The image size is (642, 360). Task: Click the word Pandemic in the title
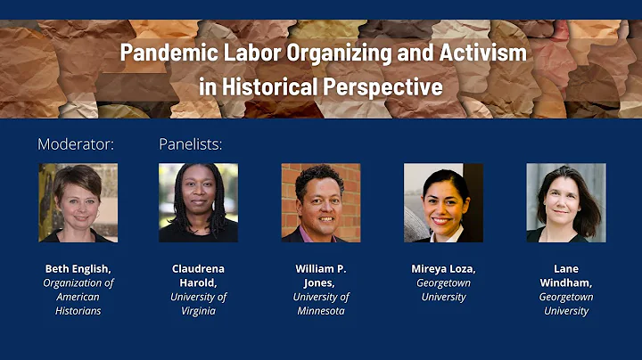[x=161, y=52]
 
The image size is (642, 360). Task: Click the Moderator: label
[x=76, y=143]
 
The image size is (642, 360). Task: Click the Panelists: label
[x=190, y=143]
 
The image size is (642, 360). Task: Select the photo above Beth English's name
[x=78, y=202]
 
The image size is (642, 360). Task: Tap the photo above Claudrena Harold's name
[x=198, y=202]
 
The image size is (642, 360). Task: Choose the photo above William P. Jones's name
[x=321, y=202]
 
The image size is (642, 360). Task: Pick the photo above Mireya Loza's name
[x=443, y=202]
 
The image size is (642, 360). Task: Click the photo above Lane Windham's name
[x=565, y=202]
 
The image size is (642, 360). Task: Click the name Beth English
[x=78, y=268]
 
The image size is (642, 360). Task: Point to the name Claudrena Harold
[x=198, y=275]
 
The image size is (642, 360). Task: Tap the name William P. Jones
[x=321, y=275]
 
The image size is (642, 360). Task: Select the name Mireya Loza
[x=443, y=268]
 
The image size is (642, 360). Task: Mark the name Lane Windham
[x=565, y=275]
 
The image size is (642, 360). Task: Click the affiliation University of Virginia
[x=198, y=304]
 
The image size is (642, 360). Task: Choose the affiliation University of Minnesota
[x=321, y=304]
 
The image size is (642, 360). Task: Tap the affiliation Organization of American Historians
[x=78, y=297]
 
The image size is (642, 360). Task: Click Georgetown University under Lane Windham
[x=565, y=304]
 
